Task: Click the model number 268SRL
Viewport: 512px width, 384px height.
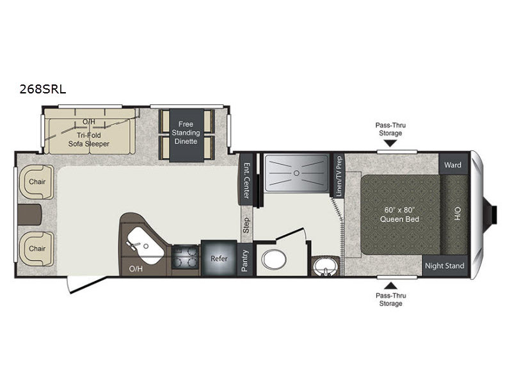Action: pyautogui.click(x=43, y=89)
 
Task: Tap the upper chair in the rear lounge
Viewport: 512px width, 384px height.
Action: pyautogui.click(x=36, y=182)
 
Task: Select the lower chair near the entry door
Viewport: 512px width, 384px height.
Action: pyautogui.click(x=36, y=249)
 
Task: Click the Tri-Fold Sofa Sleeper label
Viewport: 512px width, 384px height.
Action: pyautogui.click(x=88, y=140)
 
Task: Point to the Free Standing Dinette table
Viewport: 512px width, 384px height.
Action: pyautogui.click(x=186, y=135)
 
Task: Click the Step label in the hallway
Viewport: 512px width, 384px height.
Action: pyautogui.click(x=246, y=226)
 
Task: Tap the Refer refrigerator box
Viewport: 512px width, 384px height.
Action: pyautogui.click(x=219, y=259)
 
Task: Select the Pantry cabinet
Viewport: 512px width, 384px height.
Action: pyautogui.click(x=245, y=260)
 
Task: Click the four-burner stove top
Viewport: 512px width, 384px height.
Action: pyautogui.click(x=186, y=257)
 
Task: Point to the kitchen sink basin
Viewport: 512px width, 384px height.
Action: pyautogui.click(x=145, y=246)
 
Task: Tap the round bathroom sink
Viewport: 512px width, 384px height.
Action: pyautogui.click(x=324, y=266)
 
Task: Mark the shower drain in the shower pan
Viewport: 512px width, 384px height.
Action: pyautogui.click(x=296, y=173)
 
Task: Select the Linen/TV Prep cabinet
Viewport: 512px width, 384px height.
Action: pyautogui.click(x=339, y=176)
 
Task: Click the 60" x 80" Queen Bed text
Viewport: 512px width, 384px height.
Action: pyautogui.click(x=399, y=214)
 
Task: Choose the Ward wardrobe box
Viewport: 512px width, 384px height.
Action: pyautogui.click(x=453, y=164)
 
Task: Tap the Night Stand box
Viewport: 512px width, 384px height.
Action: pyautogui.click(x=444, y=266)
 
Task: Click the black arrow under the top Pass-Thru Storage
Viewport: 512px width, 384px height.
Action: pyautogui.click(x=390, y=143)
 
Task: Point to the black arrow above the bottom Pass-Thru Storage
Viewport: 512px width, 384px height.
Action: pyautogui.click(x=390, y=286)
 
